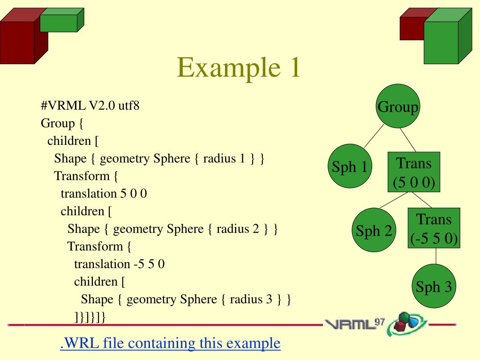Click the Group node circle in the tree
tap(398, 106)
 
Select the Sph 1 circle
tap(350, 166)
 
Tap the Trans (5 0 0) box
tap(414, 172)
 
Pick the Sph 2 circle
tap(374, 230)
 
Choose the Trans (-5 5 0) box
tap(434, 229)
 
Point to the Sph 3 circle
tap(434, 286)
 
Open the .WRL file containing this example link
tap(170, 343)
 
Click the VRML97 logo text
tap(355, 324)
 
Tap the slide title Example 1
tap(239, 67)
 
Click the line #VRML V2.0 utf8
tap(90, 105)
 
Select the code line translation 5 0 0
tap(104, 194)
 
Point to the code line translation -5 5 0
tap(119, 264)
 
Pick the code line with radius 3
tap(186, 299)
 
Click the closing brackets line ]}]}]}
tap(90, 317)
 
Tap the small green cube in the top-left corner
tap(60, 22)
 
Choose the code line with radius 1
tap(159, 158)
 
